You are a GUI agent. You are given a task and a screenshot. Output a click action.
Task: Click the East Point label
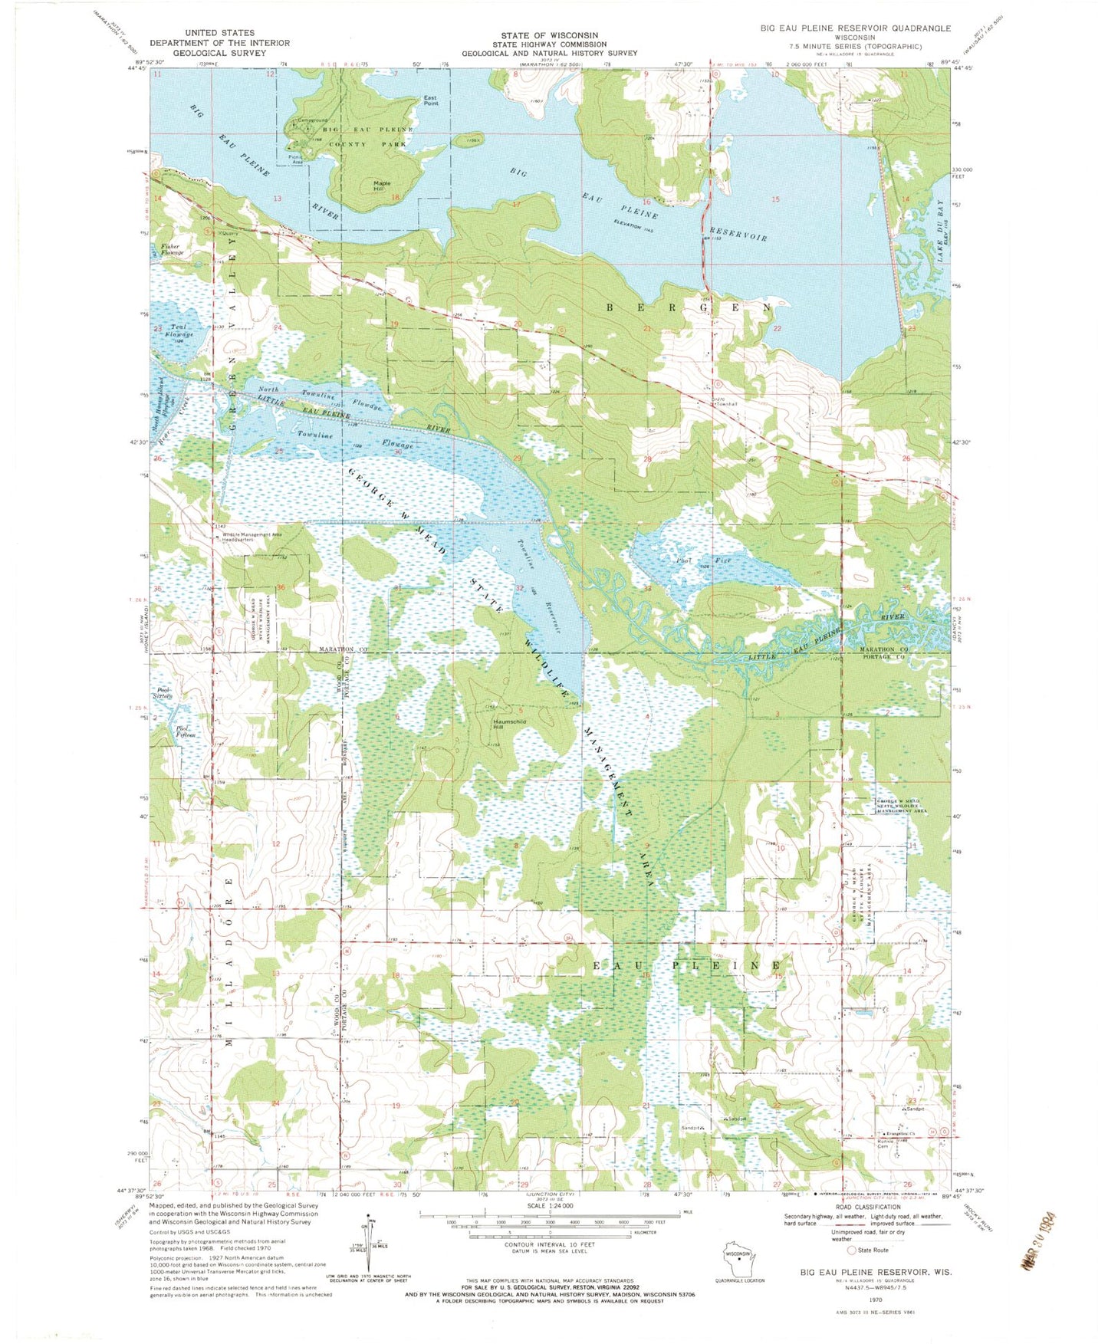tap(431, 100)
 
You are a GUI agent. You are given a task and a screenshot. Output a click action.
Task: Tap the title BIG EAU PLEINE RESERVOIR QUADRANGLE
tap(855, 28)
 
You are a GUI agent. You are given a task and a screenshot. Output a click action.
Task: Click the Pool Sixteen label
tap(163, 693)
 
